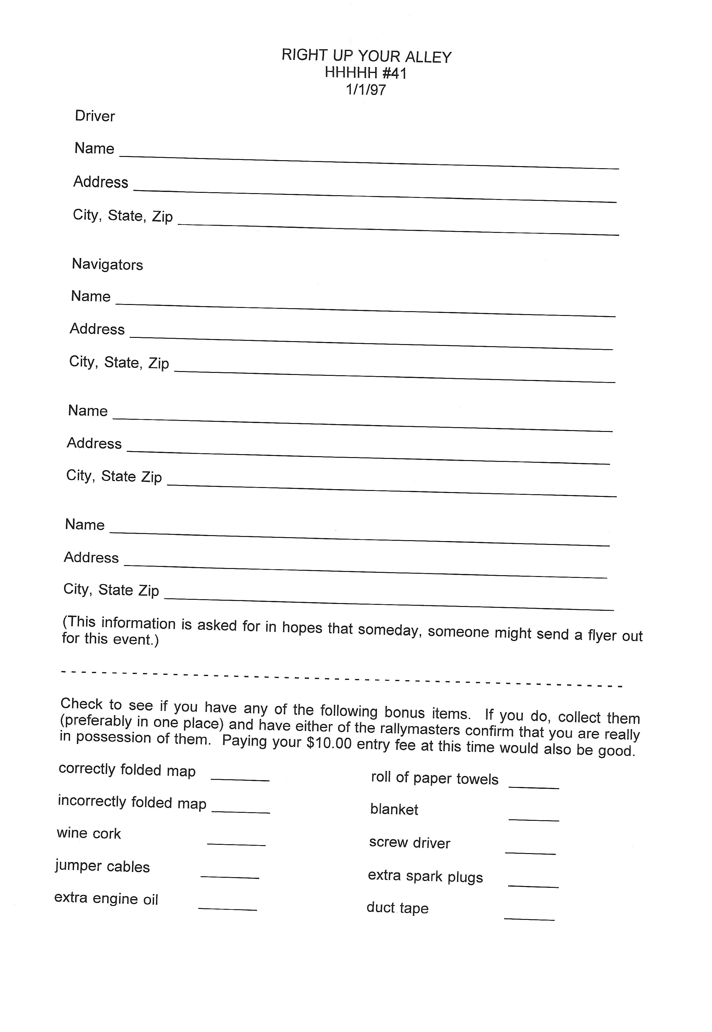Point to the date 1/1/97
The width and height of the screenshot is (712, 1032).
(366, 90)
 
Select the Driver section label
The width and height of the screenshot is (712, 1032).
(95, 116)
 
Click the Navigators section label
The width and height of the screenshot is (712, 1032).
(107, 264)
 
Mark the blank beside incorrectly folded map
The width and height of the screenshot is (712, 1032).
(241, 811)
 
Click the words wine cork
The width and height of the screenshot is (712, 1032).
(89, 833)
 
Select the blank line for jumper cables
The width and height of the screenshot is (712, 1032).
(230, 877)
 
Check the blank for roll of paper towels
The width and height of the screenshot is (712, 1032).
(534, 787)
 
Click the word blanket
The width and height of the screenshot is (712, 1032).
(394, 809)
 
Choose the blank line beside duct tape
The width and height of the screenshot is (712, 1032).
(529, 919)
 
